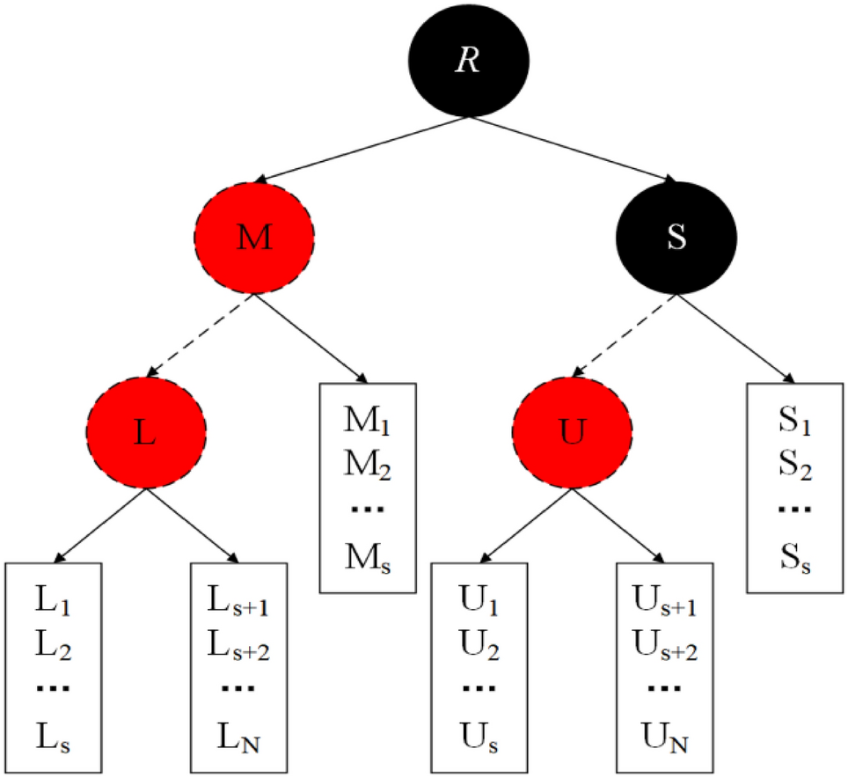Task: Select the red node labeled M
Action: coord(254,239)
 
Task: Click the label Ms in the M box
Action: coord(366,557)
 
